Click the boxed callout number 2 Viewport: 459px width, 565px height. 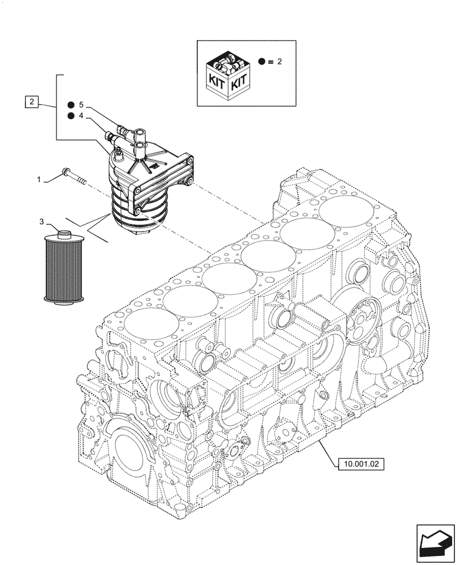click(33, 102)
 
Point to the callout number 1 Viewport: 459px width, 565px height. click(39, 179)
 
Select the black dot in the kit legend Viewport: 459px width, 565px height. click(262, 61)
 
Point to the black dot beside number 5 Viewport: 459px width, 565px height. click(71, 105)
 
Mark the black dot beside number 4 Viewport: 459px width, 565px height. click(71, 116)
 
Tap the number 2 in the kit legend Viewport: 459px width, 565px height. click(279, 61)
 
